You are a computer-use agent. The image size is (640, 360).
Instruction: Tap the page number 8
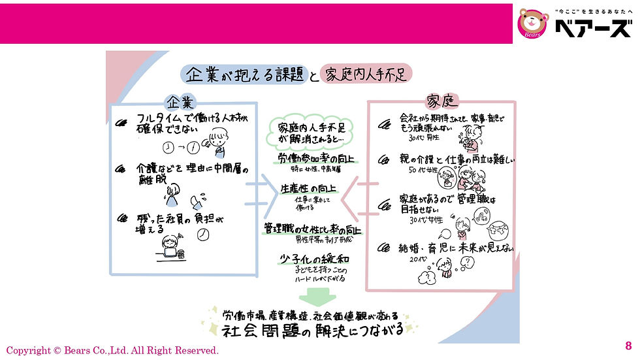point(628,346)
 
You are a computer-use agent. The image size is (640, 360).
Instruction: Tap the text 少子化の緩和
point(310,257)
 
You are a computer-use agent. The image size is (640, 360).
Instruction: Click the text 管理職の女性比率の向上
point(313,229)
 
